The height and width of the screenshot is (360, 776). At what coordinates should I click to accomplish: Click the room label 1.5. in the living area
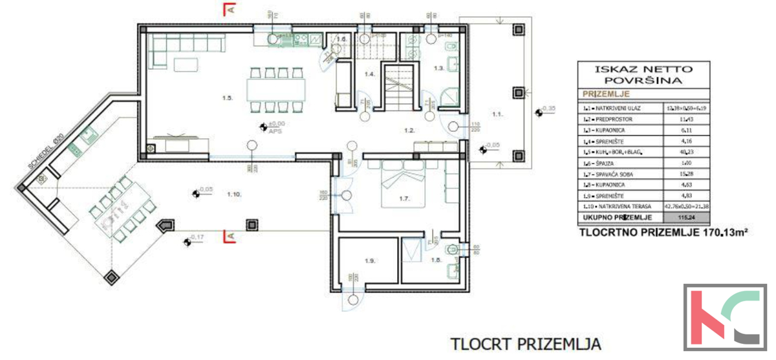(x=226, y=98)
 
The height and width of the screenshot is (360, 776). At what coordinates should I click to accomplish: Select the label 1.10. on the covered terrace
(x=234, y=193)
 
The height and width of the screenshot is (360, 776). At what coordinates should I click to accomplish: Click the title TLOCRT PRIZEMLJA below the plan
(x=526, y=342)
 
